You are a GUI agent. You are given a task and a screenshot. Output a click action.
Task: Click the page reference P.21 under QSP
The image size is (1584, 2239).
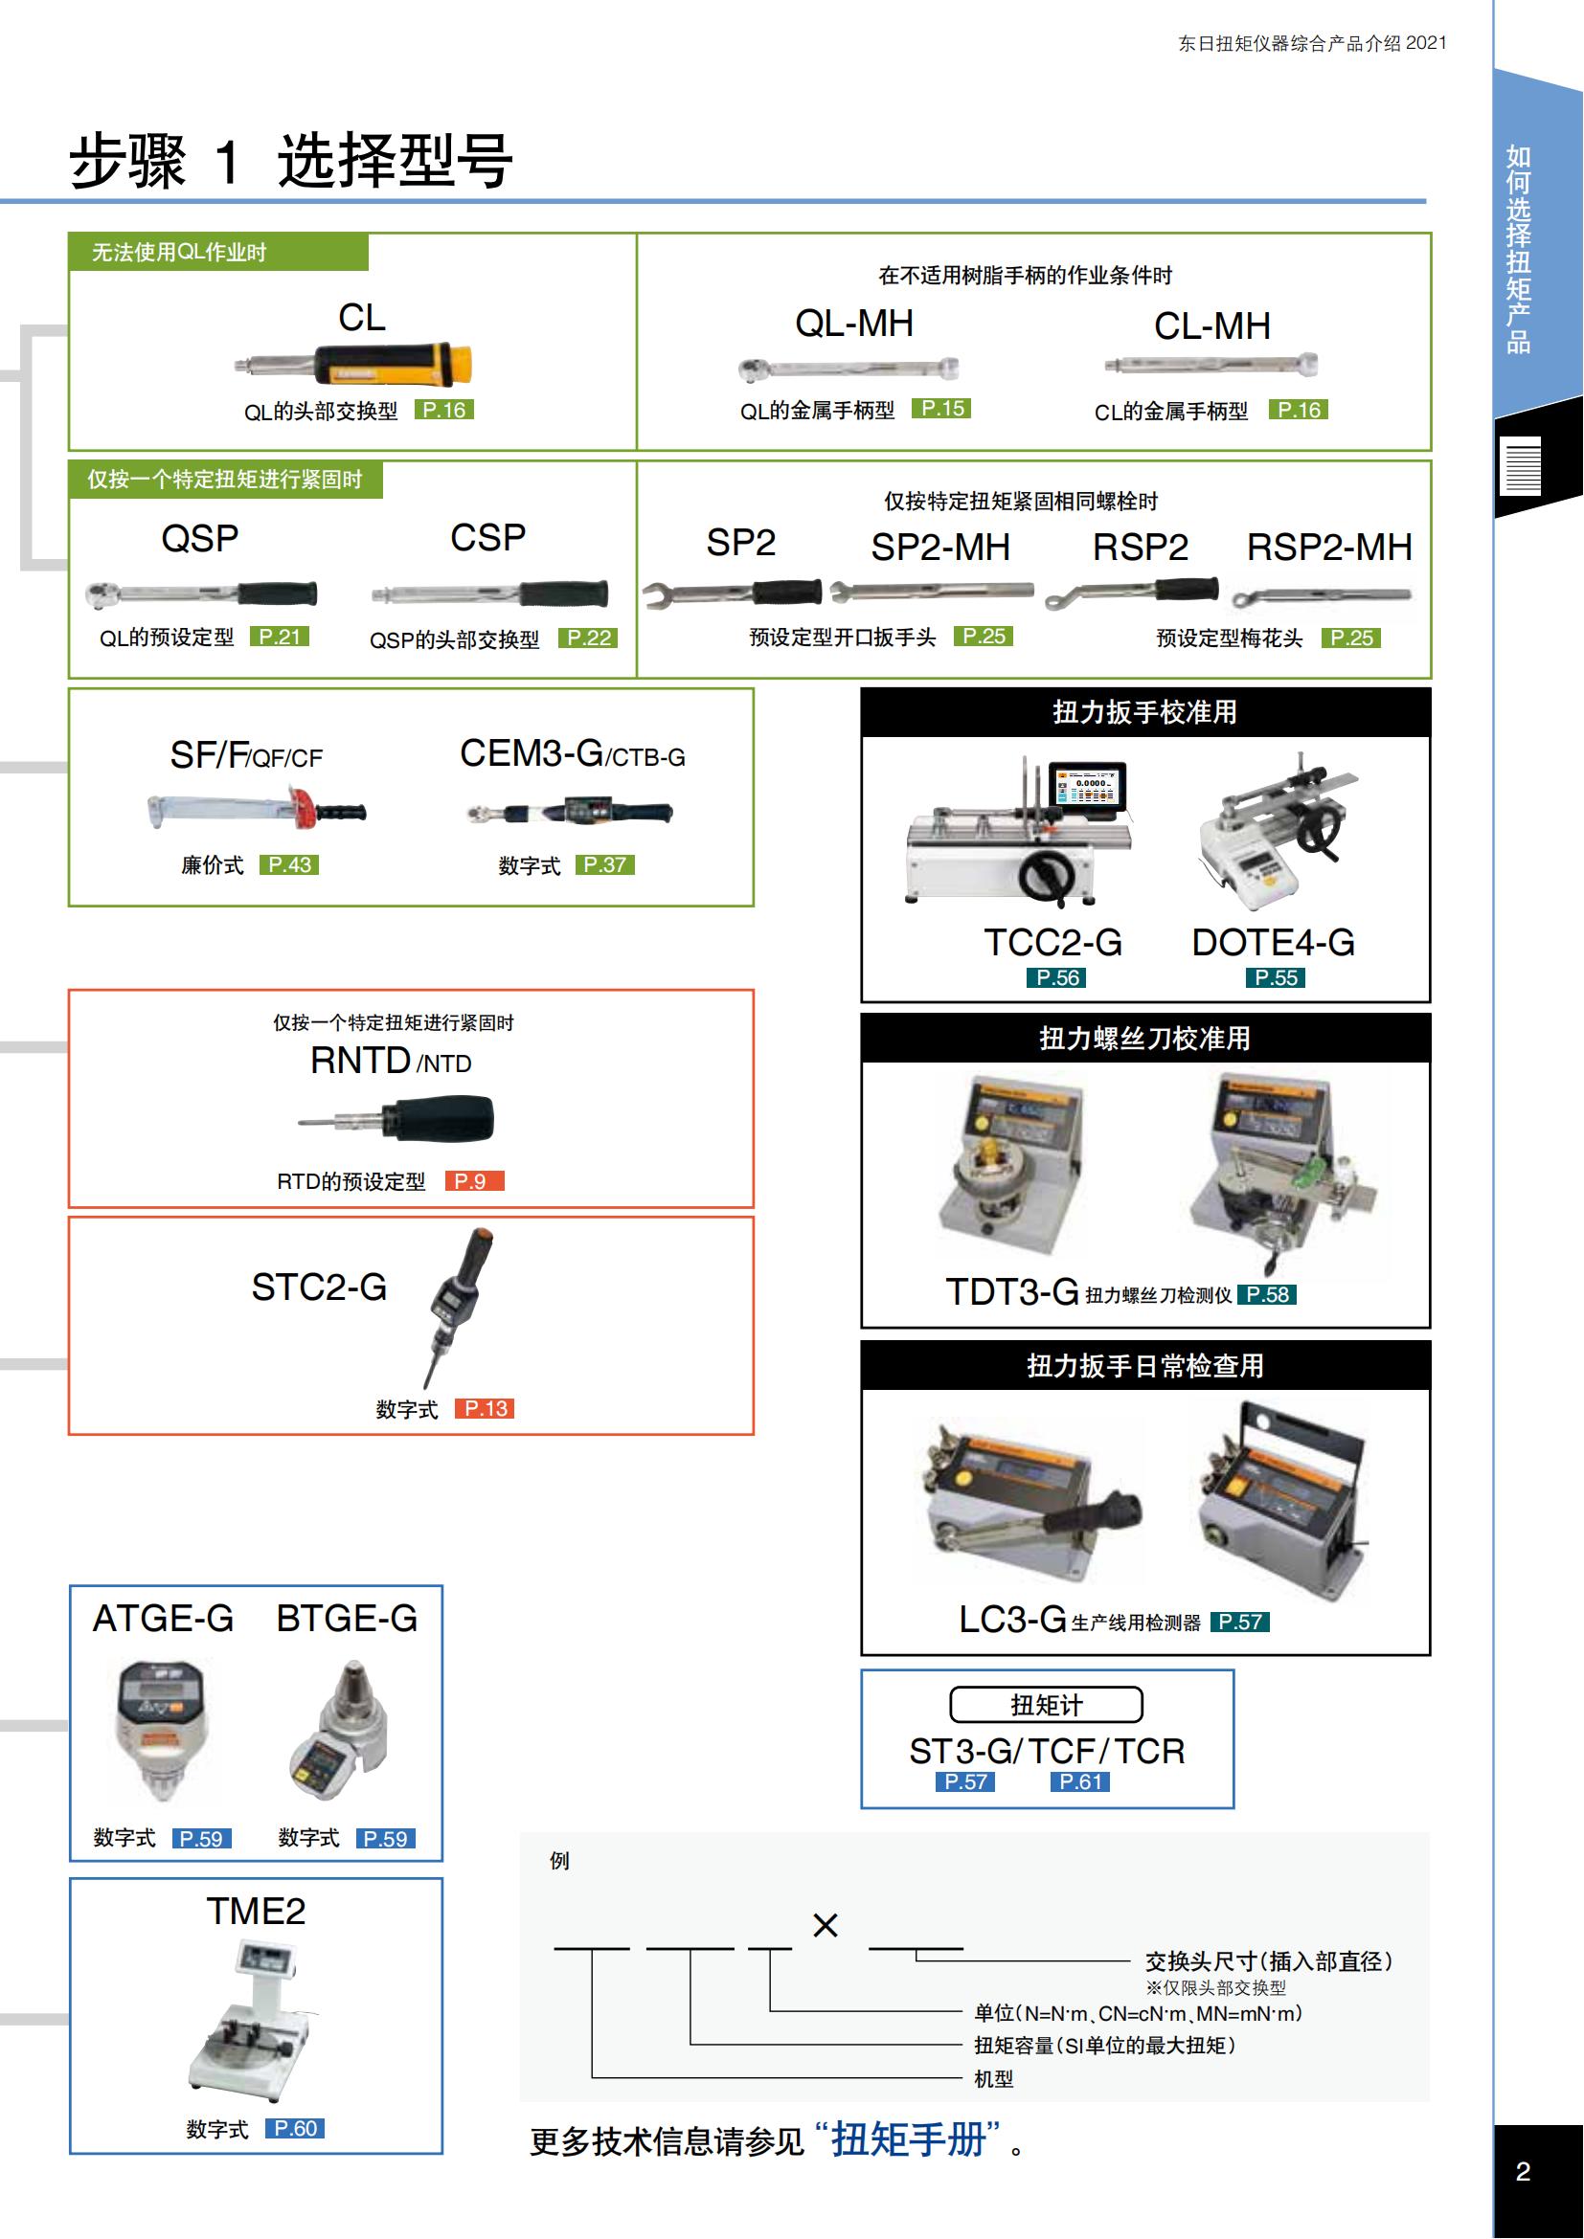(279, 637)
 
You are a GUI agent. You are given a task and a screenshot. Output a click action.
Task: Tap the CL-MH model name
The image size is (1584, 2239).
(1211, 326)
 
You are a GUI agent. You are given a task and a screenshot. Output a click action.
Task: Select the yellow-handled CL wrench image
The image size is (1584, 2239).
(356, 364)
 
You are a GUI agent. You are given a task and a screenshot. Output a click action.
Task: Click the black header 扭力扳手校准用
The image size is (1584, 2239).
(1144, 713)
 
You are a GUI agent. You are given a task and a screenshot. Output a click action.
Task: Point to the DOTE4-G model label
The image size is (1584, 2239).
(1273, 942)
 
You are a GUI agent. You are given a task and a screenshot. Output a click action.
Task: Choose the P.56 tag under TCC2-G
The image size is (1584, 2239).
(1057, 978)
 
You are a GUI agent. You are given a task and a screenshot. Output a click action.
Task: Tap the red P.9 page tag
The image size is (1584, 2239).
(473, 1181)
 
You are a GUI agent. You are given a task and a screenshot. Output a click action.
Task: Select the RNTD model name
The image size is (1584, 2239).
(361, 1060)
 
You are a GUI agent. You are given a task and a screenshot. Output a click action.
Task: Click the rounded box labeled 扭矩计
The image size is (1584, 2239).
(1046, 1705)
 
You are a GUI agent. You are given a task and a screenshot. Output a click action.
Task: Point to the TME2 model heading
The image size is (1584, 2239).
(256, 1912)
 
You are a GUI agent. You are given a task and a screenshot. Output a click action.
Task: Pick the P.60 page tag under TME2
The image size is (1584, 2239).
(295, 2128)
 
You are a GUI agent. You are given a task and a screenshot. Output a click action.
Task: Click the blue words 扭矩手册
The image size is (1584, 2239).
(908, 2140)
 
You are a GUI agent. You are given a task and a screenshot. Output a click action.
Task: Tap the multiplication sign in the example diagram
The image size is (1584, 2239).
(826, 1925)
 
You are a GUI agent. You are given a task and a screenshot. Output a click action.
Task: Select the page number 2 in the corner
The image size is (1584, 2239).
(1523, 2172)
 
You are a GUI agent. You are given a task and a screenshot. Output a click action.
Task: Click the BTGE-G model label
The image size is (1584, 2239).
(347, 1619)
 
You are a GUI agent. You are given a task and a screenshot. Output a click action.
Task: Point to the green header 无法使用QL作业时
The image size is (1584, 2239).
(179, 253)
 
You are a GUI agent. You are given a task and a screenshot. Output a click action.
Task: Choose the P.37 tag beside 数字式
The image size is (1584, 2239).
(604, 865)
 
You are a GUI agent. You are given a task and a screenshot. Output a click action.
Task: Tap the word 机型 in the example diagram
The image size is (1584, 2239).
(993, 2079)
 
